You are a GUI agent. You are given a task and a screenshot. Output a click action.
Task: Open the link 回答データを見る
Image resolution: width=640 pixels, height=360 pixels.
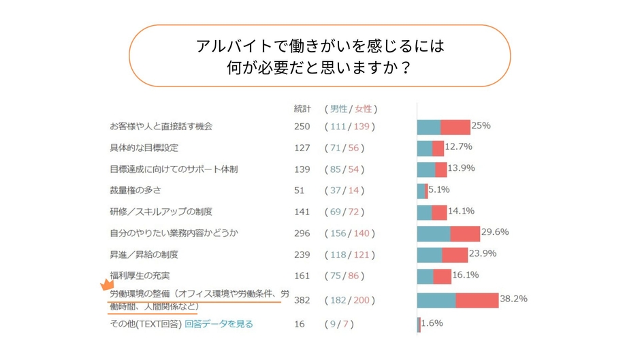(219, 325)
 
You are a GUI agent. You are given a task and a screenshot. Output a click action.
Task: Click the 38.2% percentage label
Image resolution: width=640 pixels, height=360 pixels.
(513, 299)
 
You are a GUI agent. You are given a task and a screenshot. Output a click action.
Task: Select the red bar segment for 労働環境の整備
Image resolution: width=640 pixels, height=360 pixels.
(477, 300)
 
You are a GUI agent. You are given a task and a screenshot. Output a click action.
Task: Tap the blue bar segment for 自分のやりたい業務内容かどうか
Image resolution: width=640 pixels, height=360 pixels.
(433, 233)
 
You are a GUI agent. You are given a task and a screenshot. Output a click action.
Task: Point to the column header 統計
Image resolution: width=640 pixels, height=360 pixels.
(302, 109)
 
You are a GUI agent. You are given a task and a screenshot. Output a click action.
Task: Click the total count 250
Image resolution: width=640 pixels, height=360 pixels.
(302, 127)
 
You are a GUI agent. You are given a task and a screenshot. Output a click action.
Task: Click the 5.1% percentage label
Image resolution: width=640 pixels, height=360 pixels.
(439, 190)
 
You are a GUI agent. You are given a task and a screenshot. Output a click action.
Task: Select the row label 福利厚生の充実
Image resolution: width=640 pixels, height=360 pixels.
(140, 276)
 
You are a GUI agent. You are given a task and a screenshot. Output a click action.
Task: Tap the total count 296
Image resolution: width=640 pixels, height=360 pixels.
(302, 233)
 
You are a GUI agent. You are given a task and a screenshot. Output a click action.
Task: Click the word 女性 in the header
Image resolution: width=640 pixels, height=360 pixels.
(364, 109)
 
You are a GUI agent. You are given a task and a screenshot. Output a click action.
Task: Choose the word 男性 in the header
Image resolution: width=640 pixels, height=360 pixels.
(338, 109)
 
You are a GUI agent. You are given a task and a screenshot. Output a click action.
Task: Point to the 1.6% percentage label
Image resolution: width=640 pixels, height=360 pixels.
(432, 324)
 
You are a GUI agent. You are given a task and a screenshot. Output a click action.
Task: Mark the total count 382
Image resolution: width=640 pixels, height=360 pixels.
(302, 300)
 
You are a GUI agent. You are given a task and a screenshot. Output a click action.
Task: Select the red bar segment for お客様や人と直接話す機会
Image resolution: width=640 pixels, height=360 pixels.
(455, 127)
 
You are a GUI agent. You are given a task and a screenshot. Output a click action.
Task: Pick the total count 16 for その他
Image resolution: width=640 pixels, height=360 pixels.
(300, 325)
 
